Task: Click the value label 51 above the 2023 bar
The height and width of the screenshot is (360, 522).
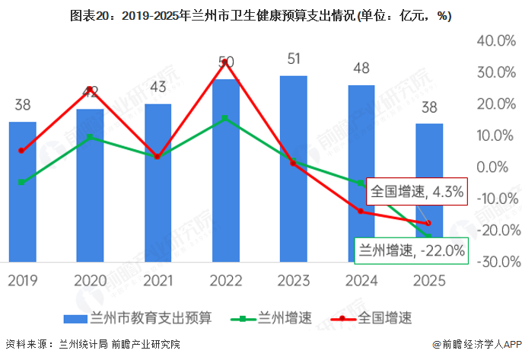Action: [293, 59]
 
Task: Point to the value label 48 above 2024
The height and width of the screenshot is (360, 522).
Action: [361, 68]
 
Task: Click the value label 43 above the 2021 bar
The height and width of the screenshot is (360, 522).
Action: [158, 88]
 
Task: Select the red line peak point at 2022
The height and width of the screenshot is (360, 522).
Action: [225, 61]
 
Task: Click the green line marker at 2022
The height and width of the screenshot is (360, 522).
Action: [225, 119]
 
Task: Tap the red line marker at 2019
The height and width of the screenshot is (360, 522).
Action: [21, 151]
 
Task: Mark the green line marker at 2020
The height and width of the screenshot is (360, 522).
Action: [90, 137]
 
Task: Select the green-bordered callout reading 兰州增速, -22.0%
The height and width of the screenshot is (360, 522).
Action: [412, 250]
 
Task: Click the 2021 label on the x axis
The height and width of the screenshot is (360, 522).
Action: [158, 280]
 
